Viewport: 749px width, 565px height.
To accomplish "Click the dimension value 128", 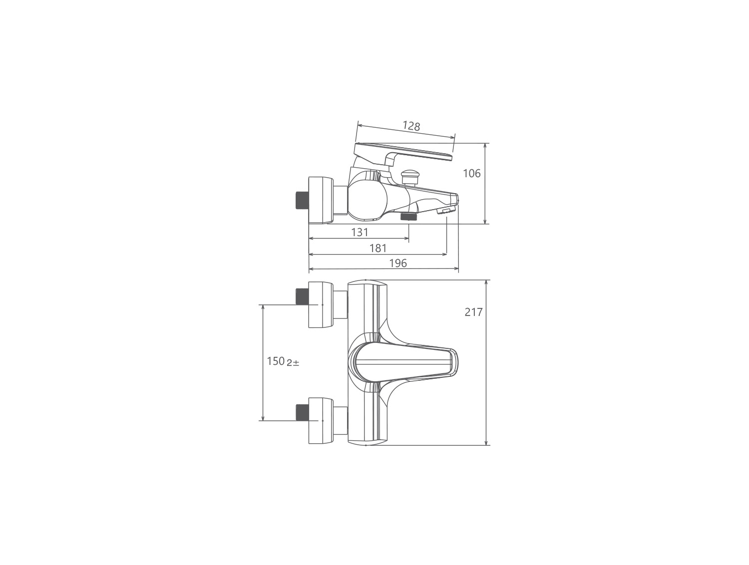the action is click(411, 126).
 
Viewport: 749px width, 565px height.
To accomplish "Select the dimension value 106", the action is click(471, 174).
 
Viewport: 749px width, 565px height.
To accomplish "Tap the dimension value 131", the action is click(360, 233).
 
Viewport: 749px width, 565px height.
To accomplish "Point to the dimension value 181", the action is click(378, 248).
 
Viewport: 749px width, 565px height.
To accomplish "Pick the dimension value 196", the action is click(398, 263).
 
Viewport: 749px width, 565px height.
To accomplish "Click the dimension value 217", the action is click(474, 312).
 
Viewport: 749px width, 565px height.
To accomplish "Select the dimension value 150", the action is click(276, 361).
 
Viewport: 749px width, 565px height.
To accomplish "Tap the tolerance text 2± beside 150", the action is click(293, 363).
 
